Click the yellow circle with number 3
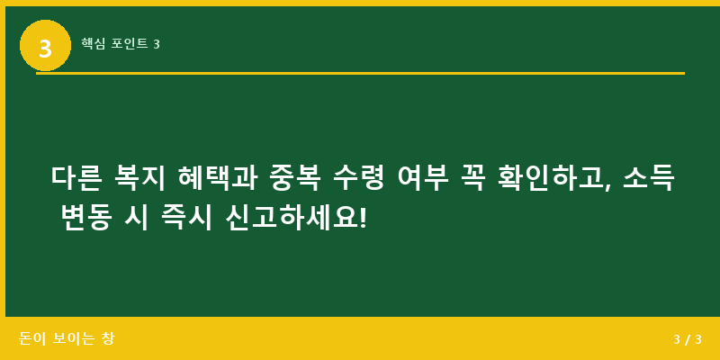coord(45,45)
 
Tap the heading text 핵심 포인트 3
coord(120,43)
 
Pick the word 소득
coord(648,177)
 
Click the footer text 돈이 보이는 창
coord(67,338)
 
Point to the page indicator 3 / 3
coord(687,339)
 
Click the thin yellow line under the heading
coord(360,73)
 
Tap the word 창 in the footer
coord(108,338)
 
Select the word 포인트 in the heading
coord(130,43)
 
